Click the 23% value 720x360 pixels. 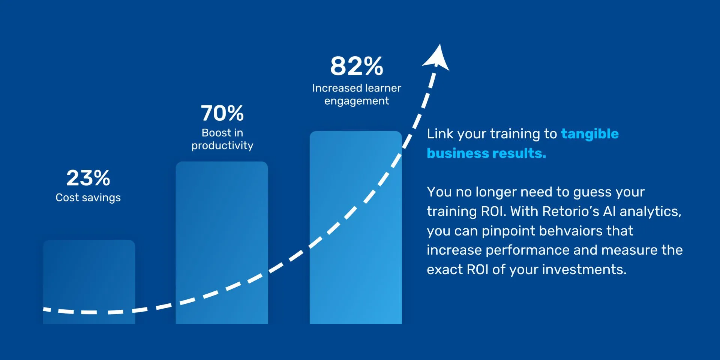pos(88,178)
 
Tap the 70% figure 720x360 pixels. pos(222,113)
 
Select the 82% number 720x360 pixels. pos(357,66)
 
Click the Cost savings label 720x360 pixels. pos(88,198)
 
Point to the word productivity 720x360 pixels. pos(222,145)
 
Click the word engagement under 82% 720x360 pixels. pos(357,101)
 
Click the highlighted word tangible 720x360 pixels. pos(589,134)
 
